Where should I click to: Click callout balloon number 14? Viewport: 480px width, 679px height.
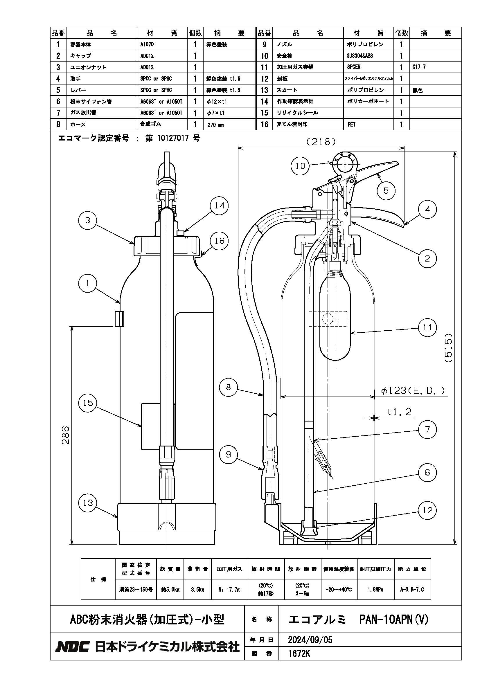220,206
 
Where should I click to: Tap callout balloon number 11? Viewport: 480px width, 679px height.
427,328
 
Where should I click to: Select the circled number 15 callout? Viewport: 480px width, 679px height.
88,403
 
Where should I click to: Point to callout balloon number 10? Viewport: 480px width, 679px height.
300,166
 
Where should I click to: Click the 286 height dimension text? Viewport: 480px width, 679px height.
65,435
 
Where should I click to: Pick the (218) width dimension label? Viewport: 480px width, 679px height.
321,142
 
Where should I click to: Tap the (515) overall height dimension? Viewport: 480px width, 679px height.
448,348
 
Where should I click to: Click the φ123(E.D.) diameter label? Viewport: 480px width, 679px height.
413,391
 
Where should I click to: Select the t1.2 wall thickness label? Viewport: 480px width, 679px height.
399,412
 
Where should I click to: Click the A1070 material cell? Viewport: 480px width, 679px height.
147,45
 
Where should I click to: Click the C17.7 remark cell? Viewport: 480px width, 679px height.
419,67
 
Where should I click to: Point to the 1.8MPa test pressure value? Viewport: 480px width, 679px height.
376,590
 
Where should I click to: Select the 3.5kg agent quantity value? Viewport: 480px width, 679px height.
197,590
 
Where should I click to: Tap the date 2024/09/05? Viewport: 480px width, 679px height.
310,640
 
